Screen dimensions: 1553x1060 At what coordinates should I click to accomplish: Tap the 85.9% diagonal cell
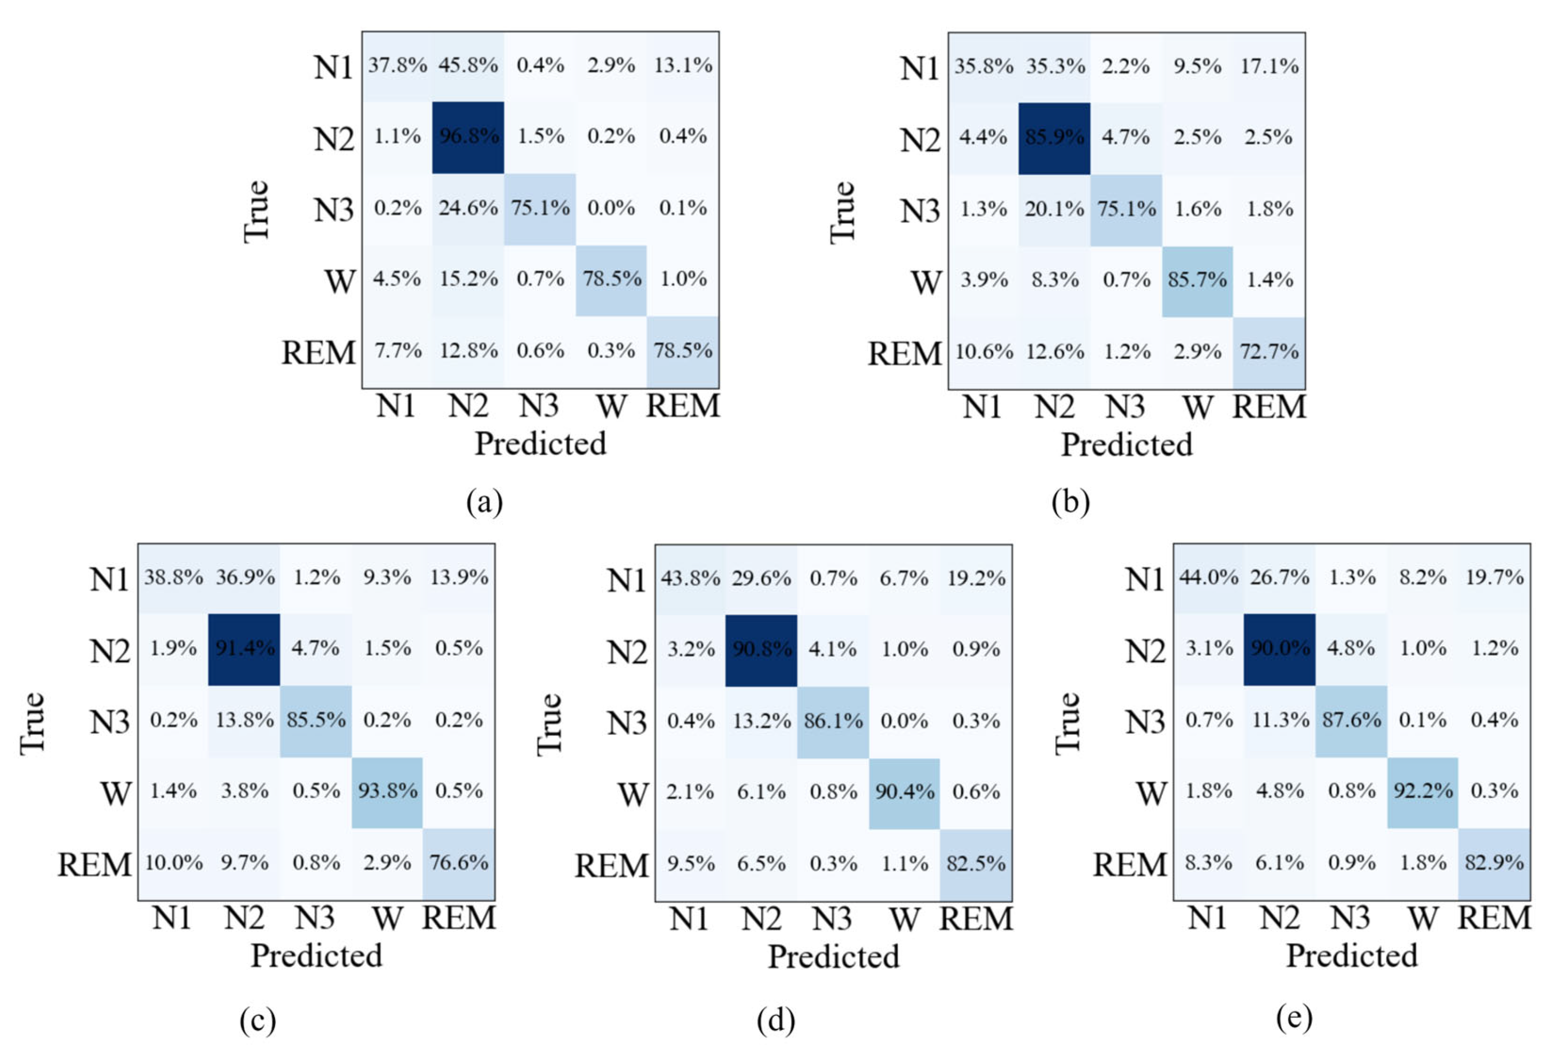[1055, 138]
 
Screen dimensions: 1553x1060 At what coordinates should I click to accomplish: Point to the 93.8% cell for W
[387, 792]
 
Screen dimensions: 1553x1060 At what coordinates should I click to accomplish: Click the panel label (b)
[1071, 502]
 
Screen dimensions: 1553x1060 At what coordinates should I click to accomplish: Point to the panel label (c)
[258, 1020]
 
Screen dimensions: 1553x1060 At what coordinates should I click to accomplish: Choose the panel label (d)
[776, 1020]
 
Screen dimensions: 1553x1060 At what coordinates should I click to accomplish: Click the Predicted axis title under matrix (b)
[1127, 444]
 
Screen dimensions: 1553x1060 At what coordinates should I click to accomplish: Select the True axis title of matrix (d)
[550, 724]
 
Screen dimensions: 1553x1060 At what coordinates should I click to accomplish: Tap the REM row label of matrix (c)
[95, 864]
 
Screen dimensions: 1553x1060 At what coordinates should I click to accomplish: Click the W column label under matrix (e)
[1423, 918]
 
